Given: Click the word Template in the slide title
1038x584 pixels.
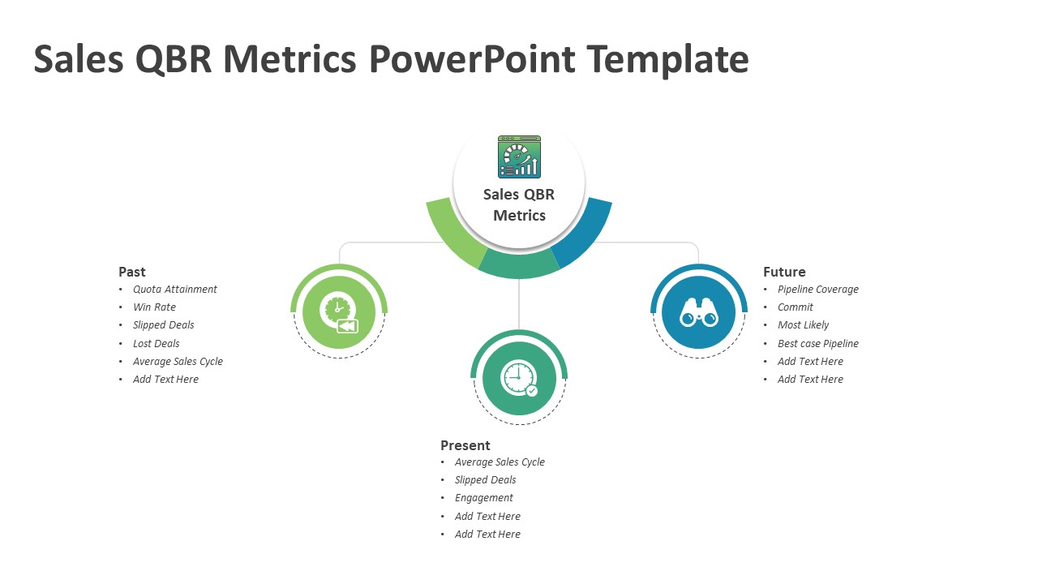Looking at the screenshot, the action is tap(667, 60).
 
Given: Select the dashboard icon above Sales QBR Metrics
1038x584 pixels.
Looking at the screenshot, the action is tap(519, 157).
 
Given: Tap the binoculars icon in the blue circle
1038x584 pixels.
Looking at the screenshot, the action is tap(699, 313).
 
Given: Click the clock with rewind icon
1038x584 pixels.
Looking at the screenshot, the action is tap(339, 313).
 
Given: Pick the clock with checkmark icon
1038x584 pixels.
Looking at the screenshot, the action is tap(519, 378).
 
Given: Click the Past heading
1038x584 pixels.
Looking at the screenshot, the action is tap(132, 272).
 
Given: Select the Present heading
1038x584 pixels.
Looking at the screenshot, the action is tap(465, 445).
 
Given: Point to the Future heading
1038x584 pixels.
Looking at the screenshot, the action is tap(784, 272).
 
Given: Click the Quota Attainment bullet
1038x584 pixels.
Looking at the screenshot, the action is tap(174, 290).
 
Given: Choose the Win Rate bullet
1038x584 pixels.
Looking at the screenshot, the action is tap(154, 307).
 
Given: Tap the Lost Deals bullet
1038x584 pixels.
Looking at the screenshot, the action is tap(157, 343).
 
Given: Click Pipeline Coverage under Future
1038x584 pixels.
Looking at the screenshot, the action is tap(818, 290).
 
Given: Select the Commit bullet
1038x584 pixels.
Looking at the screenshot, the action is tap(796, 307).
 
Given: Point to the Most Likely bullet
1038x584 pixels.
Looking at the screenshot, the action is tap(803, 325).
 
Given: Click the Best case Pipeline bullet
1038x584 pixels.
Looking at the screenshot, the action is tap(818, 343).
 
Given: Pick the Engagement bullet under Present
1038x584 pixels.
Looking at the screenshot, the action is tap(484, 498).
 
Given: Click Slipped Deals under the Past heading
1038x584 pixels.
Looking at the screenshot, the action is tap(163, 325).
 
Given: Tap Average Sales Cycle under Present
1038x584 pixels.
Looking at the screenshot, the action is tap(500, 462).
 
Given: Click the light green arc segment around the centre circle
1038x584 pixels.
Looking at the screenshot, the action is tap(452, 235).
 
